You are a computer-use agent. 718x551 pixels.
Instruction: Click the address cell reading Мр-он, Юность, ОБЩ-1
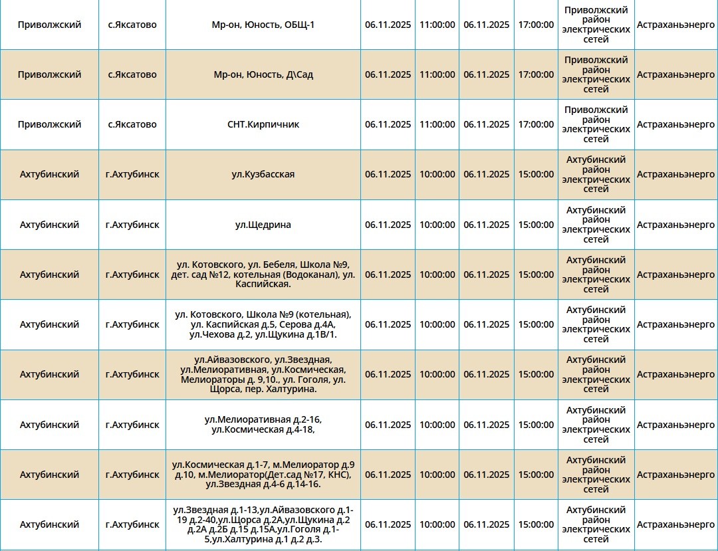pyautogui.click(x=263, y=25)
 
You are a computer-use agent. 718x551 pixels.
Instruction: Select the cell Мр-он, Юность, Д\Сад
pyautogui.click(x=263, y=74)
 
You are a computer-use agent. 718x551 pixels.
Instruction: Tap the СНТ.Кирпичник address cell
pyautogui.click(x=263, y=124)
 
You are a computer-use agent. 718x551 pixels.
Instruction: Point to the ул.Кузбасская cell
pyautogui.click(x=263, y=174)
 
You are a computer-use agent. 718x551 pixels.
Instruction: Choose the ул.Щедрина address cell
pyautogui.click(x=263, y=225)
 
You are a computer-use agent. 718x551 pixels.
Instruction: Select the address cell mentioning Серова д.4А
pyautogui.click(x=263, y=324)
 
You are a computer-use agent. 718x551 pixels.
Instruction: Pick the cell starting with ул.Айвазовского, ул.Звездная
pyautogui.click(x=263, y=374)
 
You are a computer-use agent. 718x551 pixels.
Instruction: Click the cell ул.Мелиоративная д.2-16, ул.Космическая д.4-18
pyautogui.click(x=263, y=425)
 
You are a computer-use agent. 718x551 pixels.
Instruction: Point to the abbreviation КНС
pyautogui.click(x=338, y=475)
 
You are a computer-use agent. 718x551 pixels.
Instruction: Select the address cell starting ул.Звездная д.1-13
pyautogui.click(x=263, y=524)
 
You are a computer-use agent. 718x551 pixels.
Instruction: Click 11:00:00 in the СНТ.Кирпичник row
pyautogui.click(x=437, y=124)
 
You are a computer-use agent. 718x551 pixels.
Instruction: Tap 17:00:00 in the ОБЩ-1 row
pyautogui.click(x=536, y=25)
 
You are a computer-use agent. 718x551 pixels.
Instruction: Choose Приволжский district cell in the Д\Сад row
pyautogui.click(x=50, y=74)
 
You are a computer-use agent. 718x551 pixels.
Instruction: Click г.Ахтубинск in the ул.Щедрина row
pyautogui.click(x=132, y=225)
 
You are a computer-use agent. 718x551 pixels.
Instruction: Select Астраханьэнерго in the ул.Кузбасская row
pyautogui.click(x=675, y=174)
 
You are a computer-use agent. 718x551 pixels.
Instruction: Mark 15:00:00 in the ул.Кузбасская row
pyautogui.click(x=536, y=174)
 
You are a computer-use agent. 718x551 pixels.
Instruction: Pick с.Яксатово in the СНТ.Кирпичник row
pyautogui.click(x=132, y=124)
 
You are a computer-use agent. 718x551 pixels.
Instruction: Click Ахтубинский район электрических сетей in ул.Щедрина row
pyautogui.click(x=596, y=225)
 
